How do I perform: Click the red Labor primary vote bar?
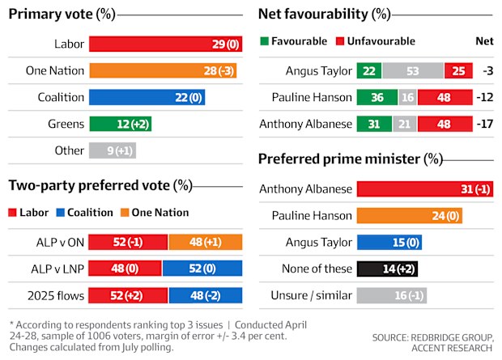click(165, 44)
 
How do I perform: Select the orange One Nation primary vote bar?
click(163, 70)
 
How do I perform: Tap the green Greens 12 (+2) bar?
click(121, 124)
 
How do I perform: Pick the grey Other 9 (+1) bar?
click(113, 150)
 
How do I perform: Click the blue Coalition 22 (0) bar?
click(147, 97)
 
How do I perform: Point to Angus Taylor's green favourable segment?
click(369, 70)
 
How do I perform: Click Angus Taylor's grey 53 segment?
click(413, 70)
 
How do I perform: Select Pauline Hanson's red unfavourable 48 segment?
click(445, 97)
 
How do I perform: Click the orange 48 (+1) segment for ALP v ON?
click(206, 242)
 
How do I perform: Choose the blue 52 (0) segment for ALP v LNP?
click(202, 268)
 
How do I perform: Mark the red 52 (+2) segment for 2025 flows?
click(128, 295)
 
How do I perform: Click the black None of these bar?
click(387, 269)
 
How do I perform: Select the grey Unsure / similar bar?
click(392, 295)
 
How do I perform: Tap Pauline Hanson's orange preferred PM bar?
click(410, 216)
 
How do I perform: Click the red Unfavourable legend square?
click(340, 41)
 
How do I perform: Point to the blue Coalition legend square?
click(60, 213)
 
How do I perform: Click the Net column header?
click(484, 41)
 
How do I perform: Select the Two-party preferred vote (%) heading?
click(100, 185)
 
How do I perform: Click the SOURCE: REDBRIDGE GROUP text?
click(433, 337)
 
